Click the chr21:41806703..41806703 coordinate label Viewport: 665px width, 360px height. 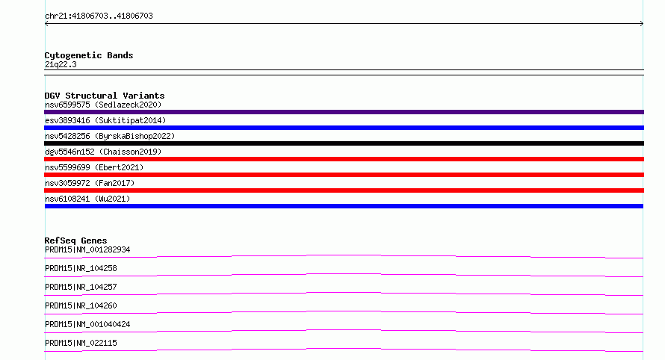coord(99,16)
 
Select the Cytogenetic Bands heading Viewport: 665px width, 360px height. coord(89,55)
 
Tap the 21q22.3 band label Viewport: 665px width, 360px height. coord(61,64)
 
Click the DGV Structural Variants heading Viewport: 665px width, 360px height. coord(105,96)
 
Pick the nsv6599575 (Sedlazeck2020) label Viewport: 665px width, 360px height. coord(103,105)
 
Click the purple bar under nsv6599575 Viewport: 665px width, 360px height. coord(344,112)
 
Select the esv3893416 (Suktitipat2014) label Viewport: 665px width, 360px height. coord(105,120)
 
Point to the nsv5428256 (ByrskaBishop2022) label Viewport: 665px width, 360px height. coord(110,136)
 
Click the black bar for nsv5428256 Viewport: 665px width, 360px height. coord(344,143)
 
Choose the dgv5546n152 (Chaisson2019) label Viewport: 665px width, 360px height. coord(103,152)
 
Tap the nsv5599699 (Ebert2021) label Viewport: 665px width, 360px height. coord(94,167)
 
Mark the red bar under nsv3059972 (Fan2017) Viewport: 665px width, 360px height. coord(344,190)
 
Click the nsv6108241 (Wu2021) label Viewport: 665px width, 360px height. coord(87,199)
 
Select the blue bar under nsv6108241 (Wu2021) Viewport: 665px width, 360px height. coord(344,206)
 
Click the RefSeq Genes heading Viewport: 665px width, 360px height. coord(76,240)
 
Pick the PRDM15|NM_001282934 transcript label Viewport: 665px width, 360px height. coord(87,249)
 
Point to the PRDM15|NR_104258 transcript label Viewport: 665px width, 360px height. coord(81,268)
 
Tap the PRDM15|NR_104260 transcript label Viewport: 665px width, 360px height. coord(81,305)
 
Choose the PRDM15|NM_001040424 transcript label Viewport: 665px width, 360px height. coord(87,324)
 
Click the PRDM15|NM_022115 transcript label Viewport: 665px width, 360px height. coord(81,343)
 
